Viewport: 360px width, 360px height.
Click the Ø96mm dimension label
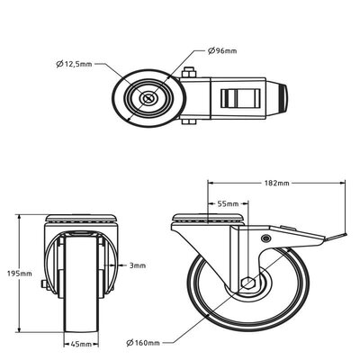click(222, 50)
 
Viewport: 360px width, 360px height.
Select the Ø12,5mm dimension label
click(74, 64)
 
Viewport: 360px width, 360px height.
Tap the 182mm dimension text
click(276, 183)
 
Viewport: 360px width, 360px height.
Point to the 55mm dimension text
click(228, 204)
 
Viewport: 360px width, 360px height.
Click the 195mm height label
click(20, 274)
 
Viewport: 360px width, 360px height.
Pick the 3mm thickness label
click(138, 265)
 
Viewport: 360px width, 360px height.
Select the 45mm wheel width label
click(81, 344)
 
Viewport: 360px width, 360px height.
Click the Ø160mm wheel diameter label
click(143, 343)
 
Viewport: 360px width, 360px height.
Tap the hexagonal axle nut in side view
click(248, 283)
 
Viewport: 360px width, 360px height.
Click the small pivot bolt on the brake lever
click(265, 238)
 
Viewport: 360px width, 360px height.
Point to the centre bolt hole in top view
click(148, 98)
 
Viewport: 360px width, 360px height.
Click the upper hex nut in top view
click(189, 73)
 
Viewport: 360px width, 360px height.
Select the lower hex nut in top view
click(189, 121)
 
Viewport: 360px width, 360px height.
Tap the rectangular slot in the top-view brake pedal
click(240, 98)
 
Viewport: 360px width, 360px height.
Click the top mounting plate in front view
click(81, 218)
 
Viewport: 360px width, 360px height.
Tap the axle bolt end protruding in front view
click(44, 283)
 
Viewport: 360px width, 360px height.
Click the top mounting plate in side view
click(209, 218)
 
